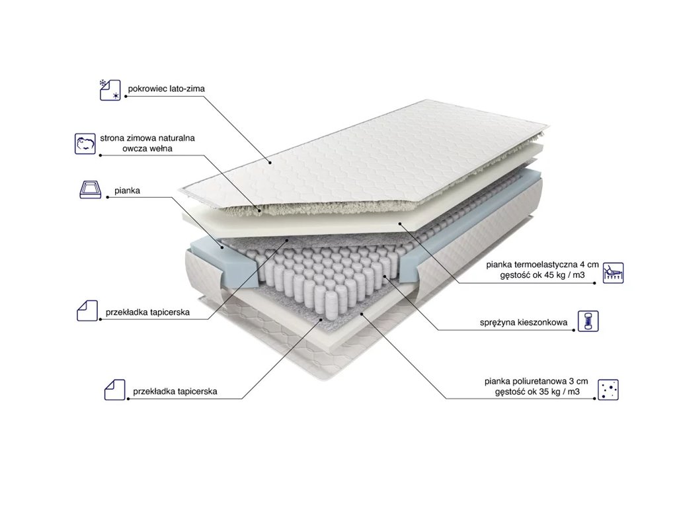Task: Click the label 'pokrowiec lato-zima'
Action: (166, 89)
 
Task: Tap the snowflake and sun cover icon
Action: (110, 90)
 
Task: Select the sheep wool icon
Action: (85, 144)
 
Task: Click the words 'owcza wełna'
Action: (147, 149)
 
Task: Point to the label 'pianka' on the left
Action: (127, 190)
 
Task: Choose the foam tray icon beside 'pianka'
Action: (91, 190)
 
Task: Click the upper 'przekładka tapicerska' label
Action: (147, 312)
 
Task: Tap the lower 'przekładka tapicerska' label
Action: (175, 392)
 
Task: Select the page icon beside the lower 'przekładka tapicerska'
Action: (115, 390)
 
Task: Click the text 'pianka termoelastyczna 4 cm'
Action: (542, 265)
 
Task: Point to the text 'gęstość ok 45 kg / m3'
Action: (542, 275)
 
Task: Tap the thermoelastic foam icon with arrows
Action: (613, 273)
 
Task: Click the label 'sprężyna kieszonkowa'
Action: (524, 322)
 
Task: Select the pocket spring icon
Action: (588, 321)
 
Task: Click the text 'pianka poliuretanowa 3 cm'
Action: (536, 382)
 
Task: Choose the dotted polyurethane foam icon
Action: (608, 390)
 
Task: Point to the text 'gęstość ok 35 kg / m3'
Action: (538, 392)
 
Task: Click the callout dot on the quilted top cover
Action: (270, 163)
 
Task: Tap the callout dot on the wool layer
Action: (259, 211)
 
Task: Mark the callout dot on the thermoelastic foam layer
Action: (400, 224)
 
